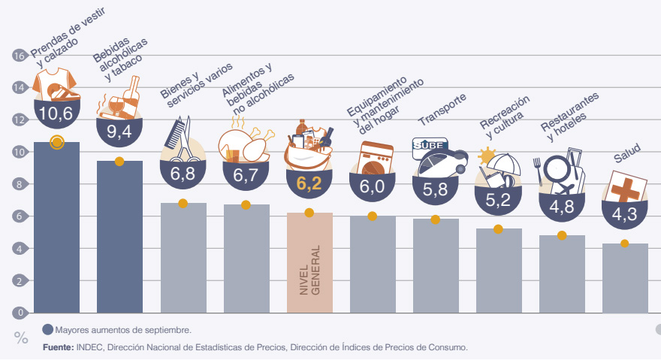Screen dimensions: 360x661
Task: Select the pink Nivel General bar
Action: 309,263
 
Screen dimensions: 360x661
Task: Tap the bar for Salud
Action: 625,278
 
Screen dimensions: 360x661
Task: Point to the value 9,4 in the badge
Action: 119,132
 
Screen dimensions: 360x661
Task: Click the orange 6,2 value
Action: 309,183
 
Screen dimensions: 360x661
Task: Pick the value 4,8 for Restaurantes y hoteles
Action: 562,207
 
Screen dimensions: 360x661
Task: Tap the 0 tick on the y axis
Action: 19,313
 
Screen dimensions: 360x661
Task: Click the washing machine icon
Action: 373,159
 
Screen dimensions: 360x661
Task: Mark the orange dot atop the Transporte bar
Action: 436,219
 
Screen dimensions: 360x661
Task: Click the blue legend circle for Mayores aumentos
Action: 48,329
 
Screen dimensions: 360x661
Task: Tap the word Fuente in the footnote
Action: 57,347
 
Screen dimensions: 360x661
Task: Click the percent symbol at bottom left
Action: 21,339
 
